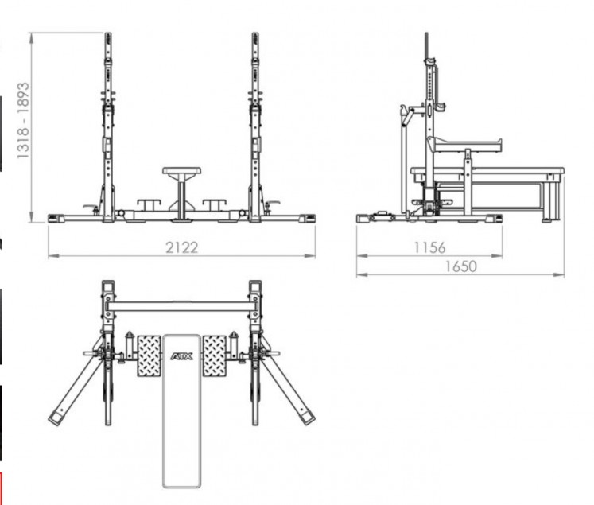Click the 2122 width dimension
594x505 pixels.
pos(182,248)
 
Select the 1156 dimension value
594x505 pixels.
pos(429,248)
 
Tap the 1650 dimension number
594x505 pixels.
pos(460,266)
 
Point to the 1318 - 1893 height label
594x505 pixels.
pos(23,120)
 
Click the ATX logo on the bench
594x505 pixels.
pos(182,356)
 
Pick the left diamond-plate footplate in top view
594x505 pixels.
pos(149,356)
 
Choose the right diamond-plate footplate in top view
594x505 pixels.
pos(215,356)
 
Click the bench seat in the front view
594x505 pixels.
pos(182,171)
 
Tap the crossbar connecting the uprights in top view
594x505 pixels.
pos(182,306)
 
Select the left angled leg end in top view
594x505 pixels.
pos(56,418)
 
